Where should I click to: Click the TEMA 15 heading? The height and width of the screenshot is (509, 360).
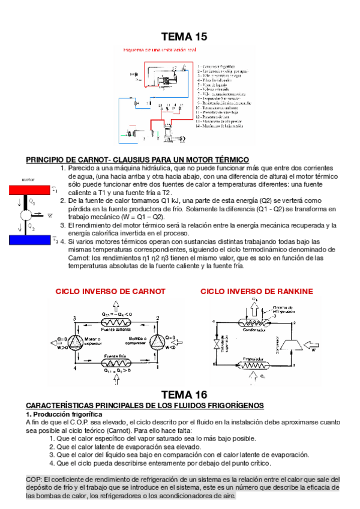tap(184, 37)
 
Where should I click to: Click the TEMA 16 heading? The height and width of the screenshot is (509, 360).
tap(184, 394)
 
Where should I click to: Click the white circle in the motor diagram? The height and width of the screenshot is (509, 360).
tap(27, 215)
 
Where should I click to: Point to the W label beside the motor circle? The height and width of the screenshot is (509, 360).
tap(49, 214)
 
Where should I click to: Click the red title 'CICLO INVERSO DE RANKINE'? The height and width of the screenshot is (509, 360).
tap(257, 291)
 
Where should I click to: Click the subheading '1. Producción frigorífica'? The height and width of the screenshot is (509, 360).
tap(64, 414)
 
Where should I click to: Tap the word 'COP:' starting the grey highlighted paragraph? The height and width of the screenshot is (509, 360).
tap(34, 479)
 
